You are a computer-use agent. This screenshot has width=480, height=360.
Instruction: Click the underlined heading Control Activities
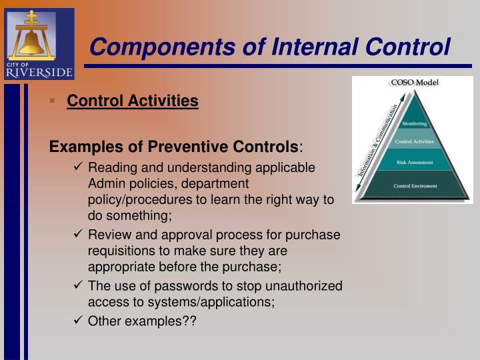pyautogui.click(x=133, y=101)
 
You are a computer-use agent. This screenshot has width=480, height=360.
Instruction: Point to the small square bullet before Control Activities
pyautogui.click(x=53, y=101)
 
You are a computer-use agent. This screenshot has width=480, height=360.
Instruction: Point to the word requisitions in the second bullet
pyautogui.click(x=121, y=251)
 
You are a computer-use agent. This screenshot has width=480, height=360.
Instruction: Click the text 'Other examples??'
pyautogui.click(x=142, y=321)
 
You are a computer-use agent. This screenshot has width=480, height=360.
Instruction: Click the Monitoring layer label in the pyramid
pyautogui.click(x=415, y=123)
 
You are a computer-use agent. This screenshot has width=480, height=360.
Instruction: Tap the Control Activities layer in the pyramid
pyautogui.click(x=415, y=141)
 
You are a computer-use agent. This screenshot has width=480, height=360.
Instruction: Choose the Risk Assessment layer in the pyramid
pyautogui.click(x=415, y=162)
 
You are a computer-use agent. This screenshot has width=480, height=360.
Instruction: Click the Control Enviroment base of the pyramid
pyautogui.click(x=415, y=186)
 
